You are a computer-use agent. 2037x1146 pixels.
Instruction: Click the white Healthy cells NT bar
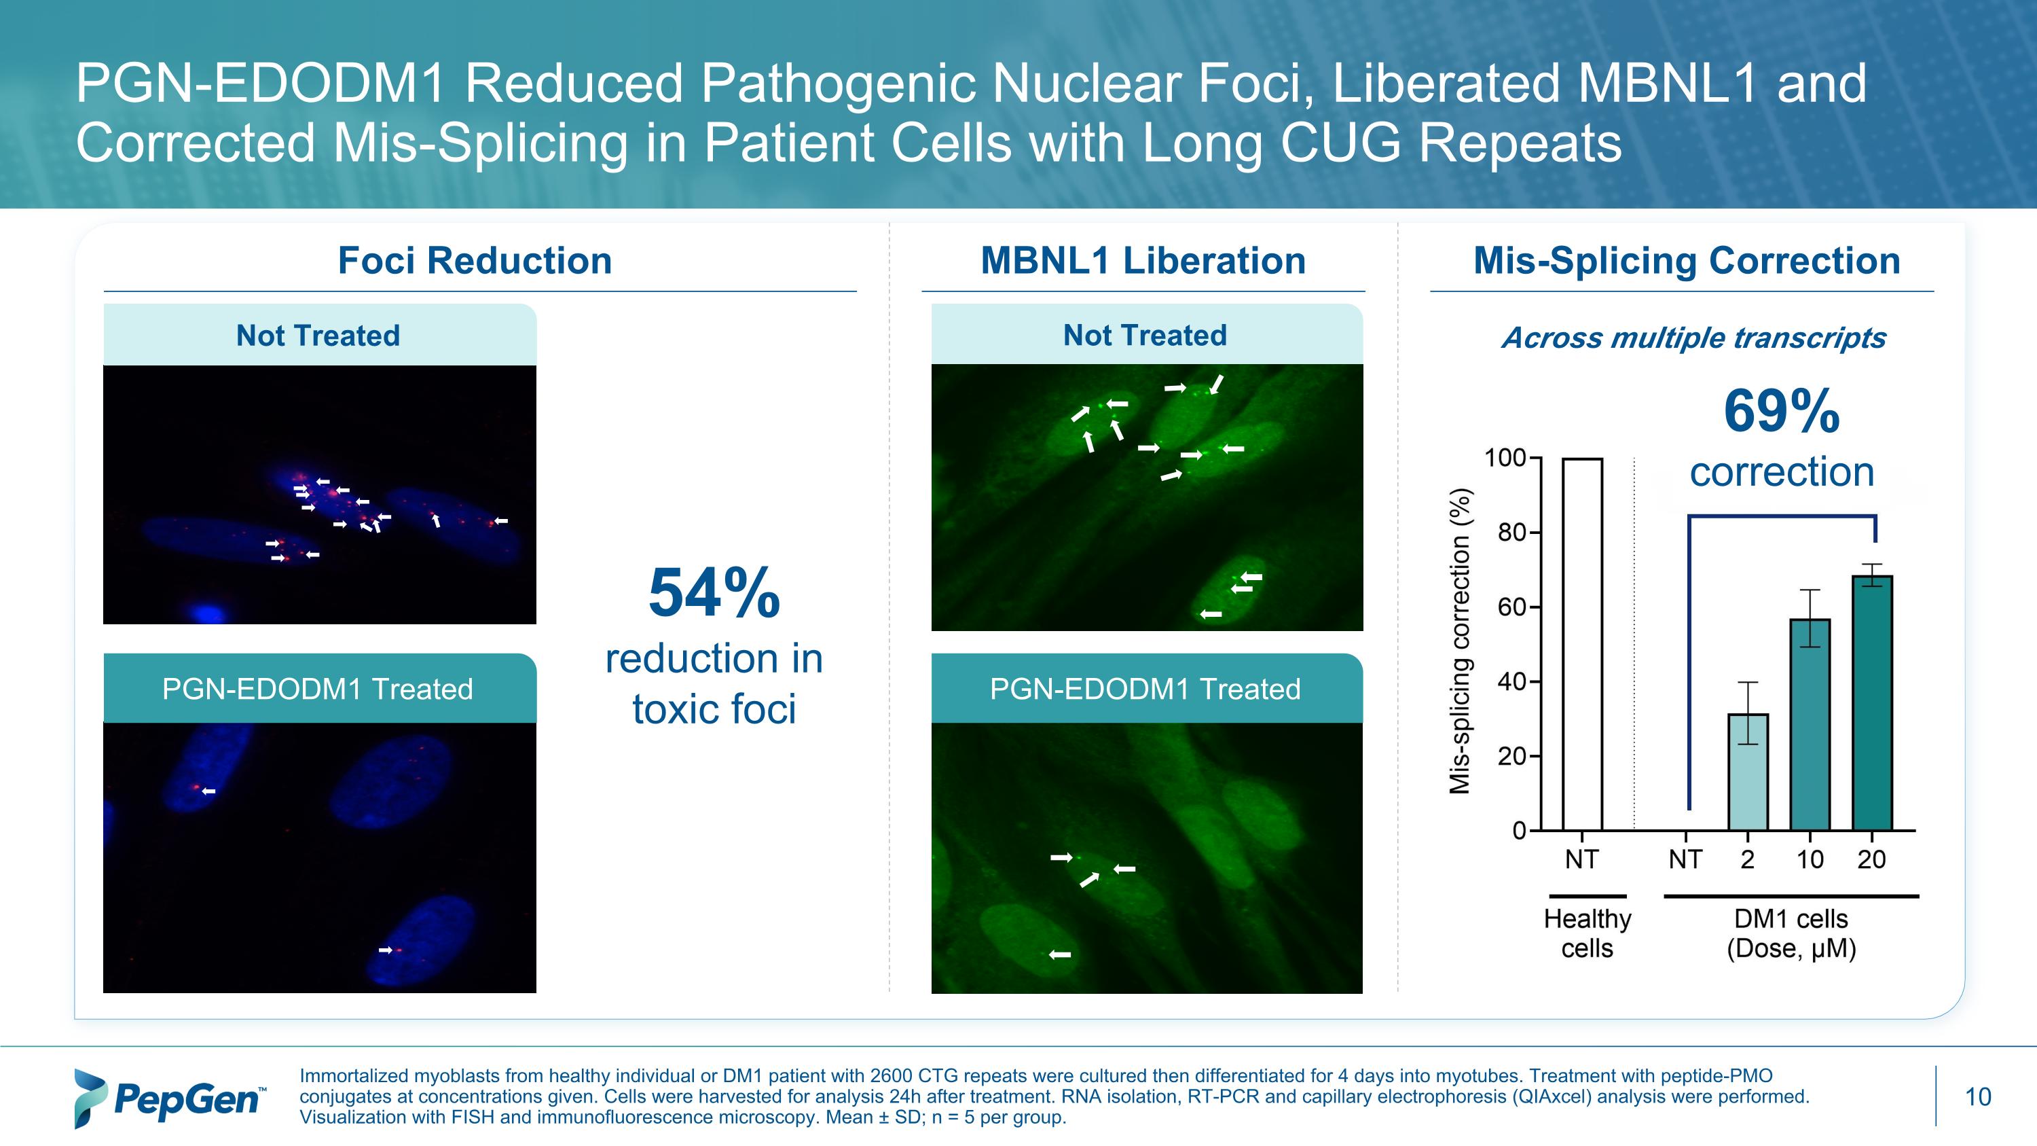click(1582, 645)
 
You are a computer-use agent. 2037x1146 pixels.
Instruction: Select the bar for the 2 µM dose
click(1748, 772)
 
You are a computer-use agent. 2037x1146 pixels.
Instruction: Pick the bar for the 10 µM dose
click(1810, 724)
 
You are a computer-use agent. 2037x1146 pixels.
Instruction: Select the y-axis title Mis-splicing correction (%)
click(1460, 641)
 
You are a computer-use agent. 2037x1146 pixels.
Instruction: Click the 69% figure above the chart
click(1782, 412)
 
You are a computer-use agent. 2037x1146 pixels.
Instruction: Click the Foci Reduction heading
click(475, 261)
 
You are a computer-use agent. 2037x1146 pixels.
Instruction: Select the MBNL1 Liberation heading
click(1143, 261)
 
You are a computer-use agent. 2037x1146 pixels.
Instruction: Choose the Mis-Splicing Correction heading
click(1687, 261)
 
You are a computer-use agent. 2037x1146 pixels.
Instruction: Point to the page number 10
click(1978, 1097)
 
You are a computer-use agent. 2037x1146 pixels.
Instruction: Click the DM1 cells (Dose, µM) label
click(1791, 933)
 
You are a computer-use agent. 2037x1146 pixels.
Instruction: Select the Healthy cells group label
click(1587, 933)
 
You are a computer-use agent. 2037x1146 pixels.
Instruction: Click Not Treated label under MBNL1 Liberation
click(1145, 336)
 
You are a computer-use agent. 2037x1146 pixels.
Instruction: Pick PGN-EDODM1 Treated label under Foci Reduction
click(317, 689)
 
